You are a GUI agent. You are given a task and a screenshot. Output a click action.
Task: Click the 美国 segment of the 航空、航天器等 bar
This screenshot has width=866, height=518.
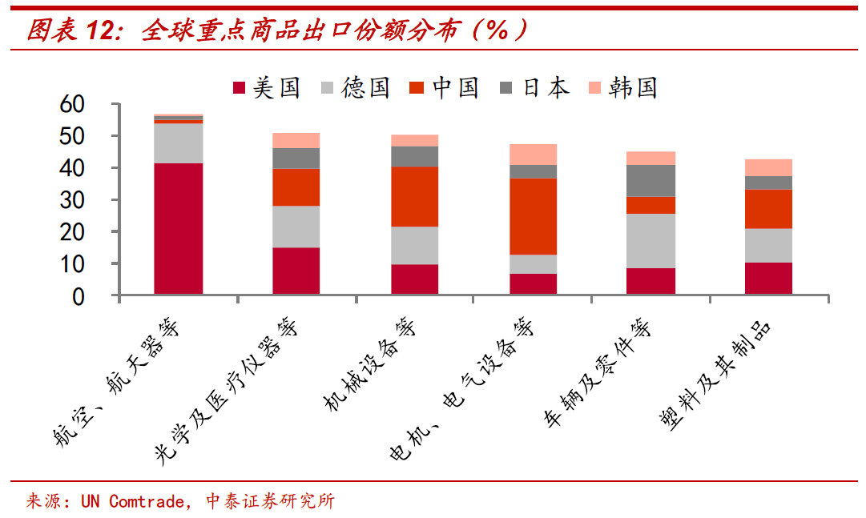point(178,229)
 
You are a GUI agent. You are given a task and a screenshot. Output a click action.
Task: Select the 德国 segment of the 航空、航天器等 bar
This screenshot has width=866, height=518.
point(178,143)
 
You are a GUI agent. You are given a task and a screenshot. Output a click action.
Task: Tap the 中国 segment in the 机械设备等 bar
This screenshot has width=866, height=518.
point(414,196)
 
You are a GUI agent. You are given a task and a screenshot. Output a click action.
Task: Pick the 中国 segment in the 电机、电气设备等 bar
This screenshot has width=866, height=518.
point(533,216)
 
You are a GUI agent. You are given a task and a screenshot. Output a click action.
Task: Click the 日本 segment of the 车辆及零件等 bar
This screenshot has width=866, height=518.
point(651,180)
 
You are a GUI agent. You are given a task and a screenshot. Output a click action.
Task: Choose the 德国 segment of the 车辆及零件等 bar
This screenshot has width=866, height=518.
point(651,240)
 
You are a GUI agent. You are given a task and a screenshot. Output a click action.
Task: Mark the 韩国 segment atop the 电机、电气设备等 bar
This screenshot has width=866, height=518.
point(533,155)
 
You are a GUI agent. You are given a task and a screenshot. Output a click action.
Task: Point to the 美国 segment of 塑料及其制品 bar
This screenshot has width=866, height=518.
point(768,279)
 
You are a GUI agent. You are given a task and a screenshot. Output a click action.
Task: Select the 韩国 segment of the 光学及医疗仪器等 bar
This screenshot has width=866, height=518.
point(296,140)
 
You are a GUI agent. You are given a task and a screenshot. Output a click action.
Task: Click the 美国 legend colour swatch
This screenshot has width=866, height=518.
point(238,87)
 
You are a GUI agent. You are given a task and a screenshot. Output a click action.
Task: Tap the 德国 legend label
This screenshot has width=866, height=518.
point(365,87)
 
